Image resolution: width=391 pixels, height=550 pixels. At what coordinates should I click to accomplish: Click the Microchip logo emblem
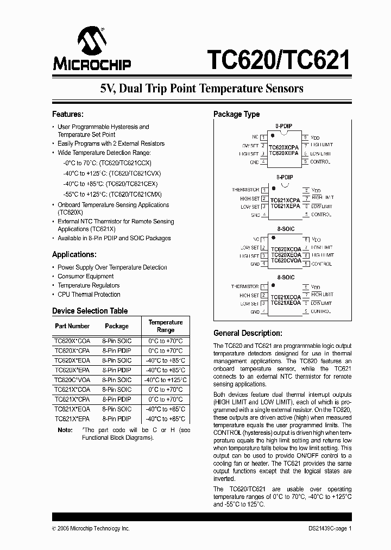pos(91,43)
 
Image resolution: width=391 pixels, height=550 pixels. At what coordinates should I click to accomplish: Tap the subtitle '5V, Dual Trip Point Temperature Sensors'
pos(201,88)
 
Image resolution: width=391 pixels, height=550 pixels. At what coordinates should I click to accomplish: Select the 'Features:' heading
pos(68,114)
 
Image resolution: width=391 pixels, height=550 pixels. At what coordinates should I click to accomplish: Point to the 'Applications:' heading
pos(74,254)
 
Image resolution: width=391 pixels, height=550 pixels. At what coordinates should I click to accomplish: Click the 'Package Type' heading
pos(236,114)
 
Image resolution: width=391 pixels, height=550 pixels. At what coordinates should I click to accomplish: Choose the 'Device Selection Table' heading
pos(90,311)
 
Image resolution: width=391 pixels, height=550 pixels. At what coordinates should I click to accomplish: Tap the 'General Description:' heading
pos(247,333)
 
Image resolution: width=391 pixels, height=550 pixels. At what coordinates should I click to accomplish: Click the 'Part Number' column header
pos(72,326)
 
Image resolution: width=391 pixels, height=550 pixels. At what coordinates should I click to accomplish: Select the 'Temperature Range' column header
pos(166,326)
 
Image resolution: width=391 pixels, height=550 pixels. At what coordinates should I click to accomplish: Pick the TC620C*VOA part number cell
pos(72,380)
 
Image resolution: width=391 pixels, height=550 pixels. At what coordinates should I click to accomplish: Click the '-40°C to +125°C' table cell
pos(166,380)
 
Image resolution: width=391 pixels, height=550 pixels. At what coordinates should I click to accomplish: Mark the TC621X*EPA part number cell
pos(72,419)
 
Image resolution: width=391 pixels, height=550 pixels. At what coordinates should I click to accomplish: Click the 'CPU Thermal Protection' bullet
pos(89,295)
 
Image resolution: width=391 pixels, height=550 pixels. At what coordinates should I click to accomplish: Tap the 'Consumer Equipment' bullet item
pos(85,276)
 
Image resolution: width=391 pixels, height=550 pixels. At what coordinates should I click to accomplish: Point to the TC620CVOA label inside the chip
pos(285,260)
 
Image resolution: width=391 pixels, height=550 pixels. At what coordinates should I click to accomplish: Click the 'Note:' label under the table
pos(65,430)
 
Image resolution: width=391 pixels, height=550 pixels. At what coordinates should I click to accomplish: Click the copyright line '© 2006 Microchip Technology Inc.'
pos(91,528)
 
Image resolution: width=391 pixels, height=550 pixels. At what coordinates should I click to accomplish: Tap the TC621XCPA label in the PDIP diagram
pos(285,200)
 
